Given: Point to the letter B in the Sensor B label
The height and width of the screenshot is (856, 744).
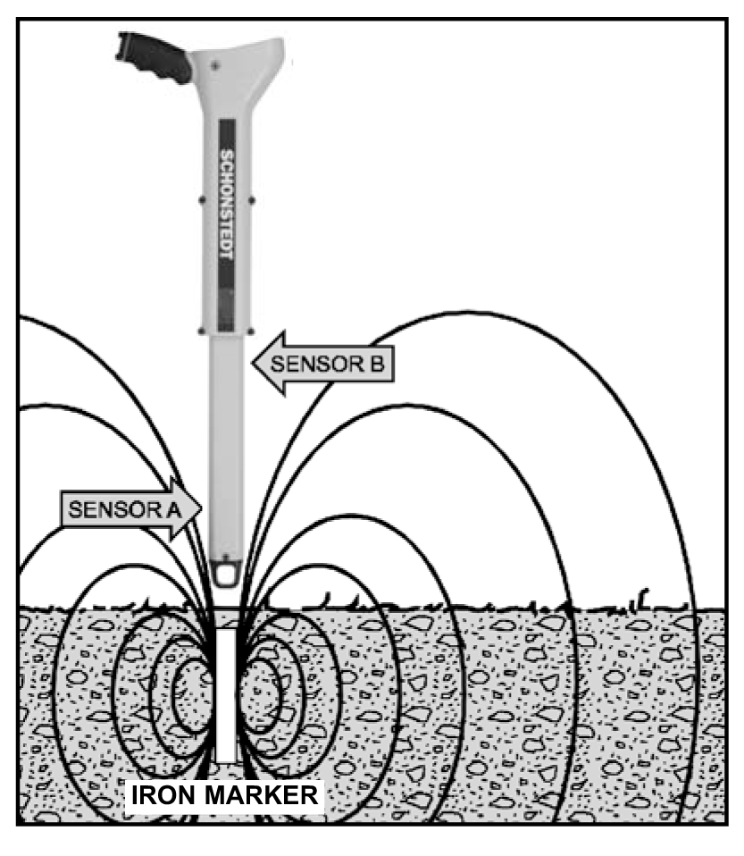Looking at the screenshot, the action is click(x=377, y=365).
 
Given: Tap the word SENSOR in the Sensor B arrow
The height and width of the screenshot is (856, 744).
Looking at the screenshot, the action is click(x=319, y=365).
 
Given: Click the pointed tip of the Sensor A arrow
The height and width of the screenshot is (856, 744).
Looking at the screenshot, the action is click(x=202, y=508).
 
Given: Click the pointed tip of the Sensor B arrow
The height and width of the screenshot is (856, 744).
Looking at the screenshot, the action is click(x=253, y=363).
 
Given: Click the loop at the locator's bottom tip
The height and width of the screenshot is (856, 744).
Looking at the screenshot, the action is click(x=226, y=574).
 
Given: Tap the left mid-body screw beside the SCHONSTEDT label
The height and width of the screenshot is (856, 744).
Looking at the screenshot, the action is click(x=202, y=200).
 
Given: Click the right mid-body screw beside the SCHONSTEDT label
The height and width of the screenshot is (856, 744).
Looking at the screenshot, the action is click(x=252, y=200).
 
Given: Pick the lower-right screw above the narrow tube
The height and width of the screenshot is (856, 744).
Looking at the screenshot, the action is click(x=252, y=331).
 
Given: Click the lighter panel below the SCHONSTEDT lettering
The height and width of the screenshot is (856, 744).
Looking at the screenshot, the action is click(x=226, y=309).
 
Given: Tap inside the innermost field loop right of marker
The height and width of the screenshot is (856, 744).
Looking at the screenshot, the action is click(x=259, y=695).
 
